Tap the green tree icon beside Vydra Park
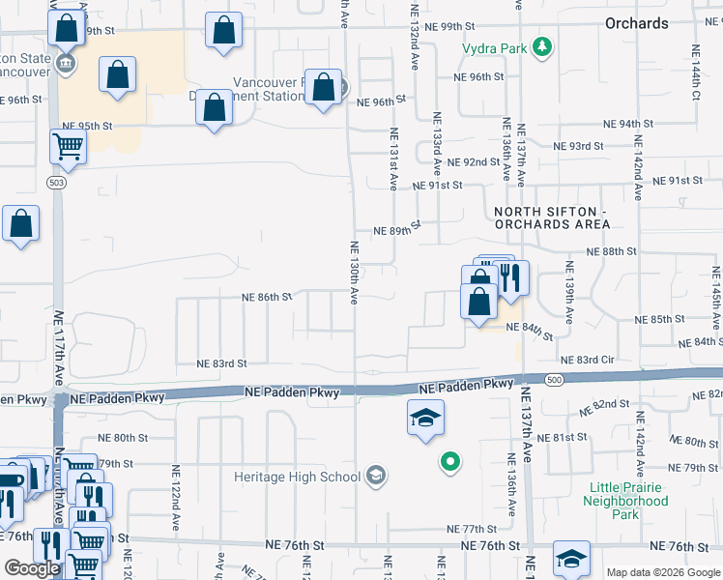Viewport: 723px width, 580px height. (x=543, y=46)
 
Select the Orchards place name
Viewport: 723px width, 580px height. (x=637, y=23)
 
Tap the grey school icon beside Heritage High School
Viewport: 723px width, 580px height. (x=376, y=476)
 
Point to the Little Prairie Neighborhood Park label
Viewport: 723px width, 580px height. (x=626, y=501)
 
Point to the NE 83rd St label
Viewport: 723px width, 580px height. (x=222, y=363)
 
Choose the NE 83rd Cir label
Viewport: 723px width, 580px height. (x=594, y=360)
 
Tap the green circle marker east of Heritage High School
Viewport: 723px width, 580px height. (x=448, y=462)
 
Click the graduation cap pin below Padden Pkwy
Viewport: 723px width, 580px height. (x=425, y=418)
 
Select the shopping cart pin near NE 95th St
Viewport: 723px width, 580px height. (x=69, y=147)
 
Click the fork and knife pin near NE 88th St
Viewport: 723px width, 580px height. (x=511, y=278)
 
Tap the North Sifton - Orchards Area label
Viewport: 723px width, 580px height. (x=552, y=217)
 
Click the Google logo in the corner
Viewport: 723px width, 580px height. (x=32, y=568)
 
